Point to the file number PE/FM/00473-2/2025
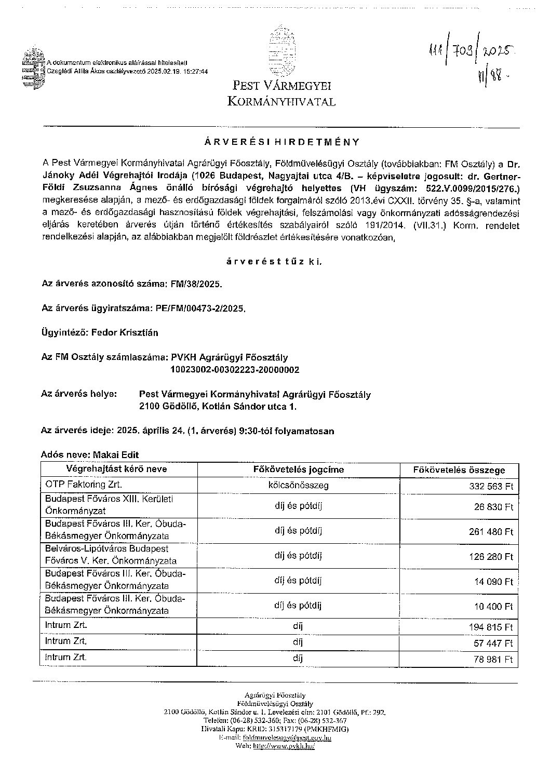pos(200,308)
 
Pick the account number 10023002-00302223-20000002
pos(235,370)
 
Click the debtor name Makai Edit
pos(116,454)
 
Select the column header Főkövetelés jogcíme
pos(298,470)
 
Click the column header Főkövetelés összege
pos(459,470)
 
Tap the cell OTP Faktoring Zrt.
pos(84,485)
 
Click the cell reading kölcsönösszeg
pos(298,485)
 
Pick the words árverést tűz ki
pos(274,262)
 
